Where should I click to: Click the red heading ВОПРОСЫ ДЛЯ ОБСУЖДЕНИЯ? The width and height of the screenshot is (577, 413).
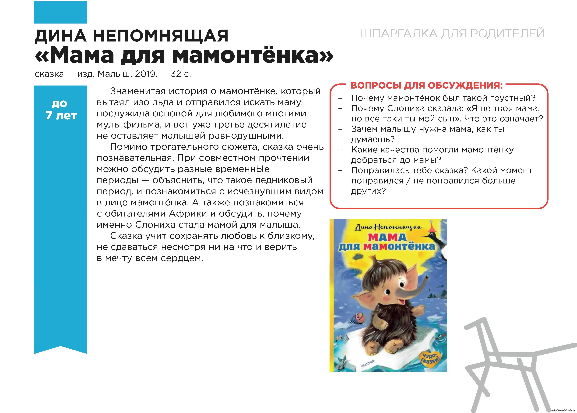[427, 85]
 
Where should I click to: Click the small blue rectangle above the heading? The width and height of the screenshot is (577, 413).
[60, 12]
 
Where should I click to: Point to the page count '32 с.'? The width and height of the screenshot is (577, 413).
[181, 74]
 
